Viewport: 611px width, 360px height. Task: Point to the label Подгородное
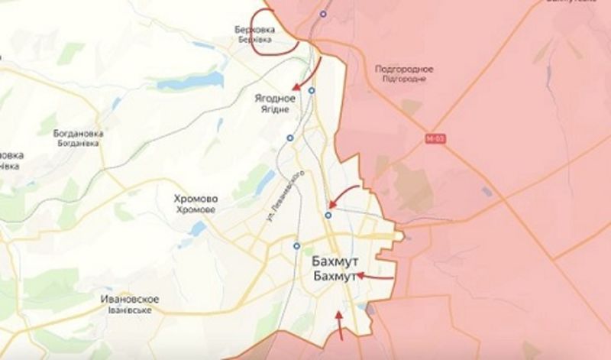pyautogui.click(x=405, y=70)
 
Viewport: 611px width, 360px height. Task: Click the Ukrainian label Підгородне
pyautogui.click(x=405, y=79)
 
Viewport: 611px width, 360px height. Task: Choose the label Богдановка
pyautogui.click(x=79, y=133)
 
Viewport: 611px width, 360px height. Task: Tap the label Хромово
pyautogui.click(x=196, y=199)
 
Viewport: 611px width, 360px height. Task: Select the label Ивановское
pyautogui.click(x=129, y=299)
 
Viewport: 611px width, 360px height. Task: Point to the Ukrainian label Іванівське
pyautogui.click(x=129, y=310)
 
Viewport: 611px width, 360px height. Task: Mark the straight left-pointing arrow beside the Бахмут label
pyautogui.click(x=375, y=275)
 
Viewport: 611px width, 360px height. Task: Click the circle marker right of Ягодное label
pyautogui.click(x=312, y=90)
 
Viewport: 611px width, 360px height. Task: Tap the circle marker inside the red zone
pyautogui.click(x=324, y=14)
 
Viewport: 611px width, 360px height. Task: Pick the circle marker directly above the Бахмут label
pyautogui.click(x=296, y=245)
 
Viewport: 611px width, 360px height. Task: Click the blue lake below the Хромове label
pyautogui.click(x=199, y=229)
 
